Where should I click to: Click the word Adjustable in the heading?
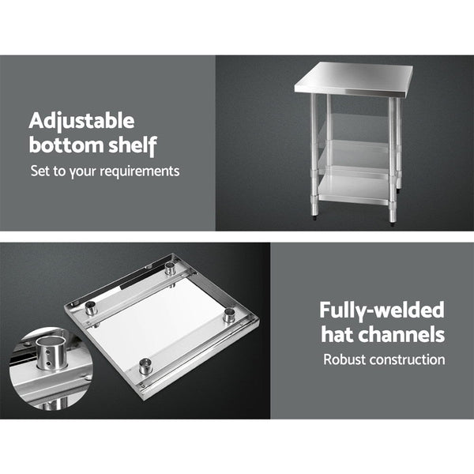point(81,121)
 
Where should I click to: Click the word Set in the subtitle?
point(39,170)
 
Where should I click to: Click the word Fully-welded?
point(382,310)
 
